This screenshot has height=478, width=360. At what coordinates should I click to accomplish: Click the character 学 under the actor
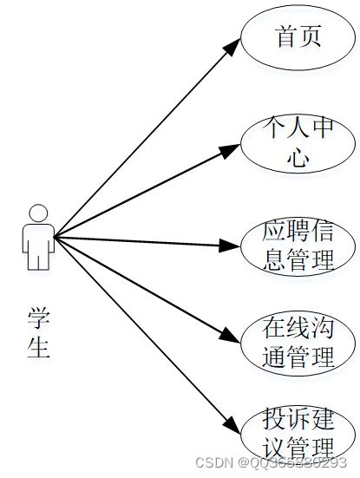38,318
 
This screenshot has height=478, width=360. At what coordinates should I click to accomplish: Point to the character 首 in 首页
286,37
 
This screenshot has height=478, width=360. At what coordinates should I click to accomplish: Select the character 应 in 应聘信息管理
276,232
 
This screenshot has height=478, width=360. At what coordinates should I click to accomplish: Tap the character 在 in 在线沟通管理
276,330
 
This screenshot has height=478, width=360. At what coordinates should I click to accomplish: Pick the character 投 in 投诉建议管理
276,420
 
